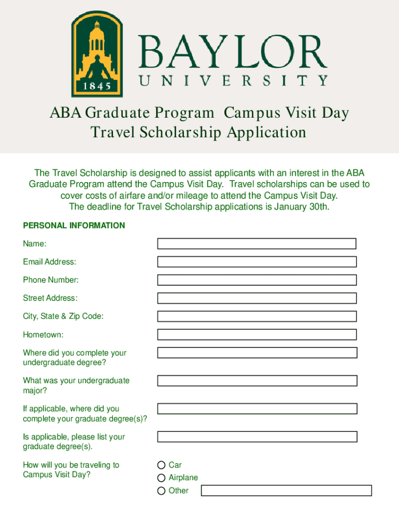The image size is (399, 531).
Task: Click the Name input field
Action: pyautogui.click(x=256, y=244)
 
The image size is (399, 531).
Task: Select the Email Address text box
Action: pyautogui.click(x=256, y=262)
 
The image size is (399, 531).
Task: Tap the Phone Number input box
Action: pyautogui.click(x=256, y=280)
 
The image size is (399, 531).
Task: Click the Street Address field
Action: pyautogui.click(x=256, y=298)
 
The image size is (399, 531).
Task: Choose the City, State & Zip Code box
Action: pyautogui.click(x=256, y=316)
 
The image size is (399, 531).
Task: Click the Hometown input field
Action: pyautogui.click(x=256, y=334)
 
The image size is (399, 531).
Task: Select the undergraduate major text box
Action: pyautogui.click(x=256, y=381)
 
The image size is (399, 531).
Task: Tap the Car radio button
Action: pyautogui.click(x=162, y=465)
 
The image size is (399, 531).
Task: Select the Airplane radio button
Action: pyautogui.click(x=162, y=478)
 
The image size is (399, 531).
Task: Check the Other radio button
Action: pyautogui.click(x=162, y=491)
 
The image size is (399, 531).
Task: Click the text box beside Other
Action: pyautogui.click(x=286, y=491)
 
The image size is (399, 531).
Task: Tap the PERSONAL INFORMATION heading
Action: pyautogui.click(x=74, y=226)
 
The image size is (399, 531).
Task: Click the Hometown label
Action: pyautogui.click(x=43, y=335)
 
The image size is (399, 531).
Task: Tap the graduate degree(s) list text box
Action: pyautogui.click(x=256, y=437)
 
